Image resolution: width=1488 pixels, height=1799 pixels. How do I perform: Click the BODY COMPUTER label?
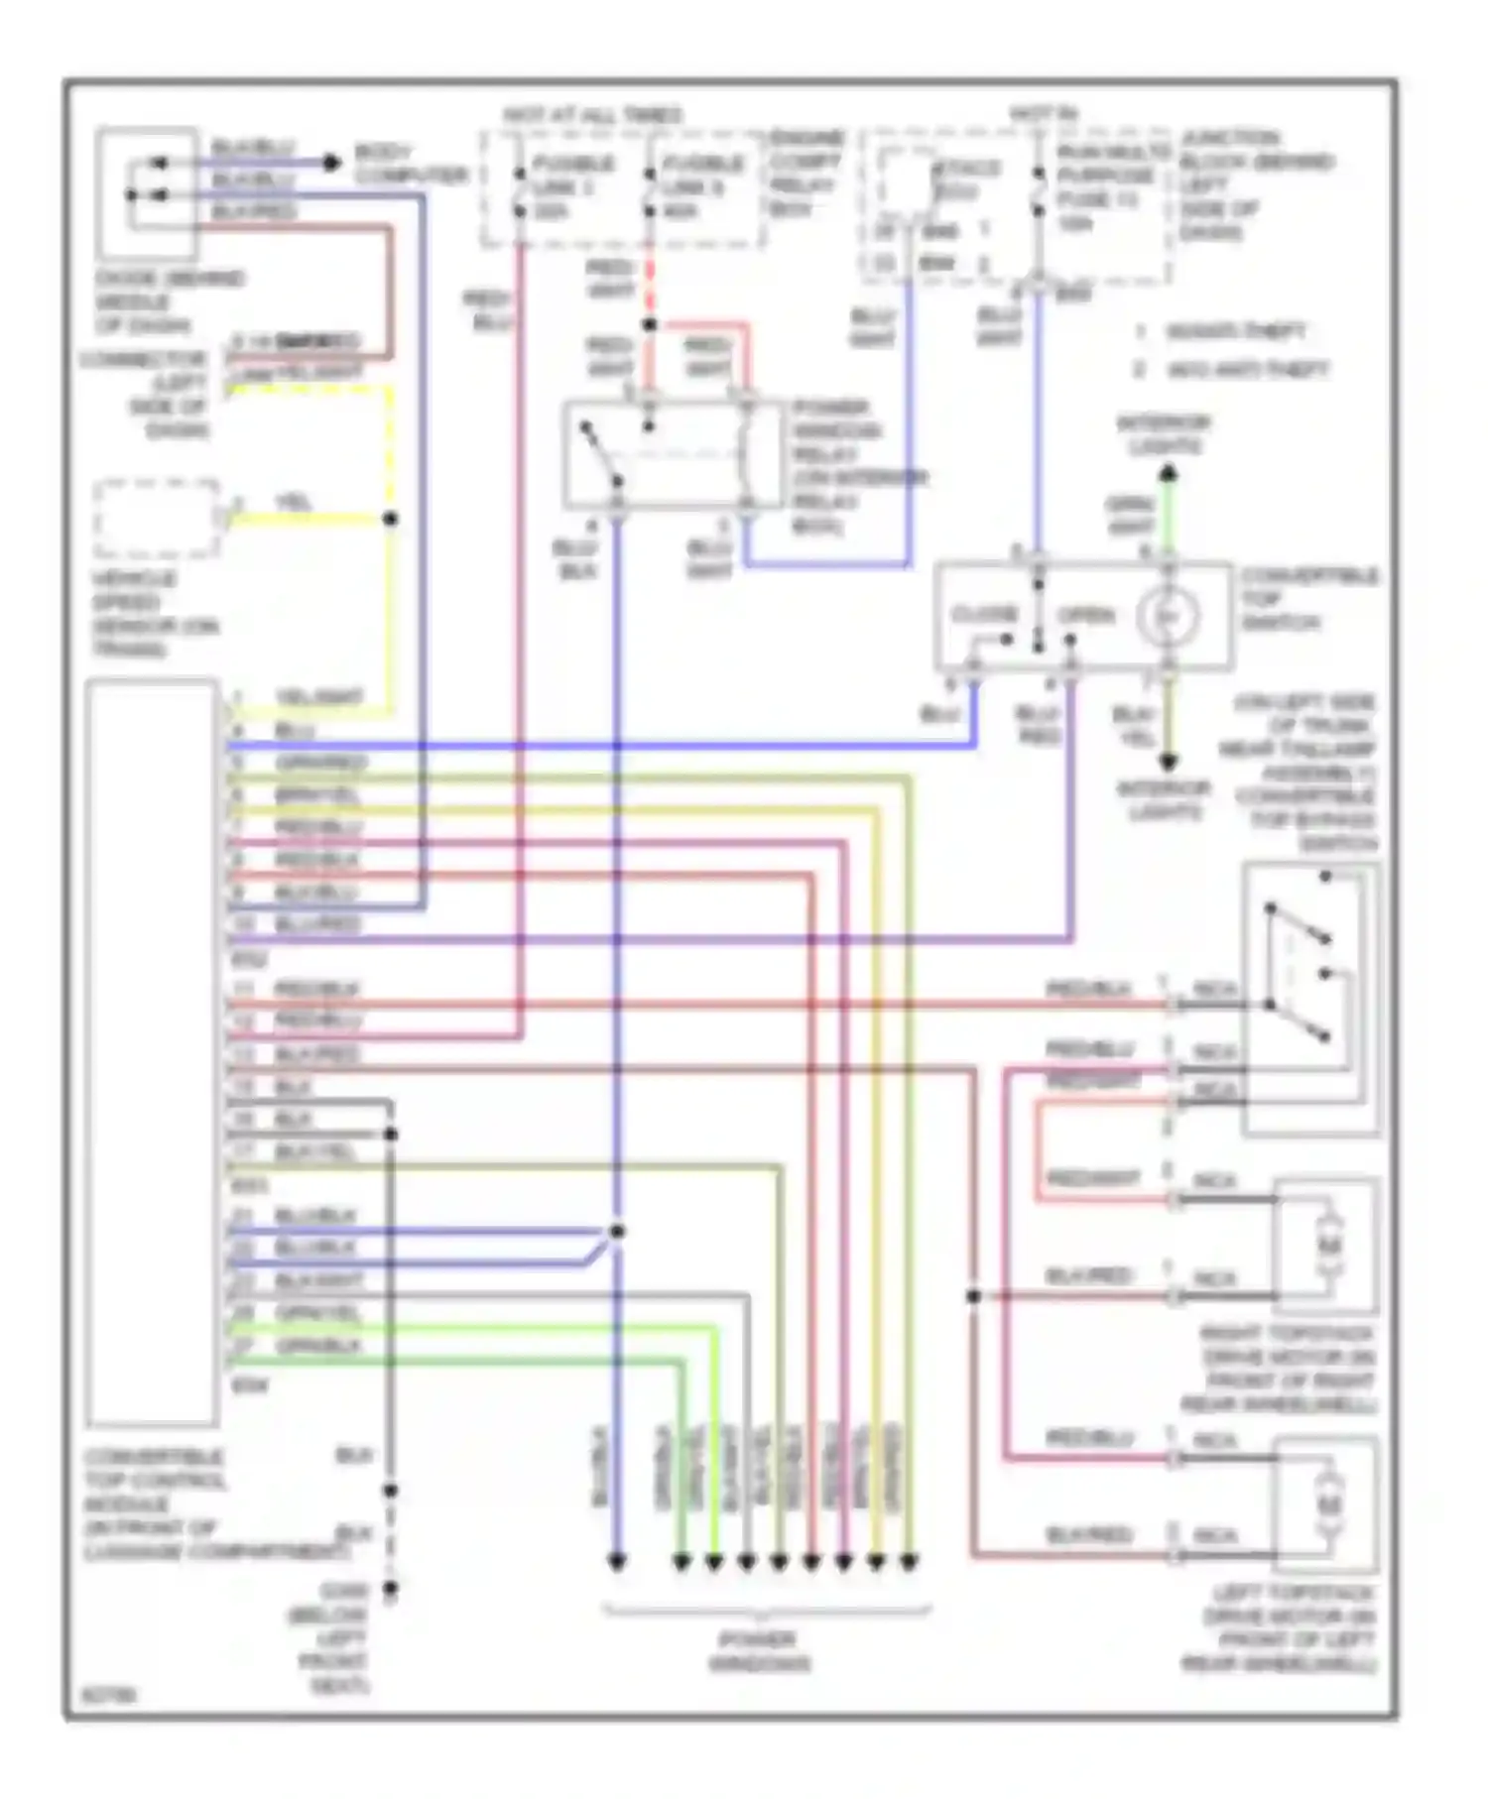click(x=409, y=166)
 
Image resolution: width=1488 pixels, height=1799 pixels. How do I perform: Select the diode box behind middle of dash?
click(x=146, y=193)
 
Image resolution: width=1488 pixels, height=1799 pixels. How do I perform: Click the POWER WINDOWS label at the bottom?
click(x=760, y=1651)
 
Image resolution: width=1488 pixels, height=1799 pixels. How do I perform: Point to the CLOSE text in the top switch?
click(x=984, y=615)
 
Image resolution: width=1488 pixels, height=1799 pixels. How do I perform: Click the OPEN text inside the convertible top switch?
click(x=1086, y=615)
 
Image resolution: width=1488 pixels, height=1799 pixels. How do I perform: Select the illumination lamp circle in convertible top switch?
click(x=1168, y=617)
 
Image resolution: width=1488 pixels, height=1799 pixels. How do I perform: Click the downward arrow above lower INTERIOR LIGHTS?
click(x=1168, y=762)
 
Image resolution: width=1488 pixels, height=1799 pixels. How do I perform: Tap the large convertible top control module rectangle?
click(x=152, y=1051)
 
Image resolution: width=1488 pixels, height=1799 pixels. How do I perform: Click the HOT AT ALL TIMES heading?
click(x=592, y=115)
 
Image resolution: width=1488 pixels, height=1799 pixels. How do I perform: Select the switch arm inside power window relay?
click(x=601, y=454)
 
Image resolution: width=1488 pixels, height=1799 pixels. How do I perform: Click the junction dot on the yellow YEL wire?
click(x=391, y=519)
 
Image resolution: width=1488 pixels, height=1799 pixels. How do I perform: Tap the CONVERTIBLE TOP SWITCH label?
click(x=1307, y=599)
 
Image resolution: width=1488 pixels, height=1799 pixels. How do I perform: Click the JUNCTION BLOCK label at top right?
click(x=1255, y=184)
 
